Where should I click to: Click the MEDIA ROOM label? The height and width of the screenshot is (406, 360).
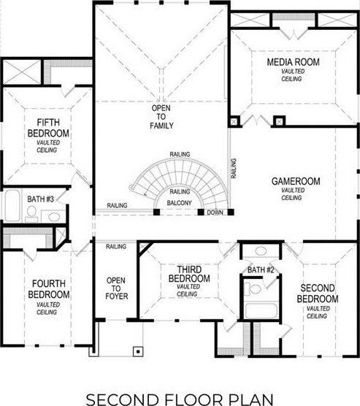[x=293, y=62]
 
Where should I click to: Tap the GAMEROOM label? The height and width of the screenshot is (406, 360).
[x=296, y=181]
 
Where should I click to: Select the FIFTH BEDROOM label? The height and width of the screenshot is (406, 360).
[x=48, y=128]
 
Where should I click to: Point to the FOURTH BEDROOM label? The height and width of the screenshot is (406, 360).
[x=49, y=289]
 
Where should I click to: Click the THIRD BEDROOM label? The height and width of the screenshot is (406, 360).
[x=189, y=274]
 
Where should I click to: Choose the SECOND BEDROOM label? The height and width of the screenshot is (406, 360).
[x=318, y=294]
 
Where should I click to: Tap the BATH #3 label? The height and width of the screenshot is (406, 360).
[x=40, y=199]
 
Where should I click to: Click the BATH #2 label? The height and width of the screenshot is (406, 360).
[x=261, y=270]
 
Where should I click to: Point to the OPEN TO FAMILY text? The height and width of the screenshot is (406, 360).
[x=161, y=117]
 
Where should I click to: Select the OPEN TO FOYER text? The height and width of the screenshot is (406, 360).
[x=116, y=288]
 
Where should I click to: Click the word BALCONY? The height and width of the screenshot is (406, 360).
[x=179, y=203]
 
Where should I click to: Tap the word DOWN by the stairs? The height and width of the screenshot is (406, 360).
[x=215, y=212]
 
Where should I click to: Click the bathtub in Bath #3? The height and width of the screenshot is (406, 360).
[x=12, y=206]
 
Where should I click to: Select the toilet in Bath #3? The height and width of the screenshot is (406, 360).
[x=31, y=214]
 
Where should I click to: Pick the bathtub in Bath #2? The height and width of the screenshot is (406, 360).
[x=261, y=311]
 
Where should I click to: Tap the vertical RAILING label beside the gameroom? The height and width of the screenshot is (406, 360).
[x=234, y=168]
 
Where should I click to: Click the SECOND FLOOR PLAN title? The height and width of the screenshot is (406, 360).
[x=180, y=399]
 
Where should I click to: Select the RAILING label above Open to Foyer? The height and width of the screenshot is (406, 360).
[x=116, y=247]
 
